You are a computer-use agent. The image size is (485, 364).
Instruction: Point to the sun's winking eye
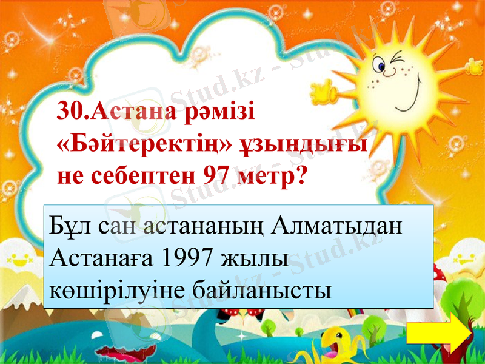click(398, 60)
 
